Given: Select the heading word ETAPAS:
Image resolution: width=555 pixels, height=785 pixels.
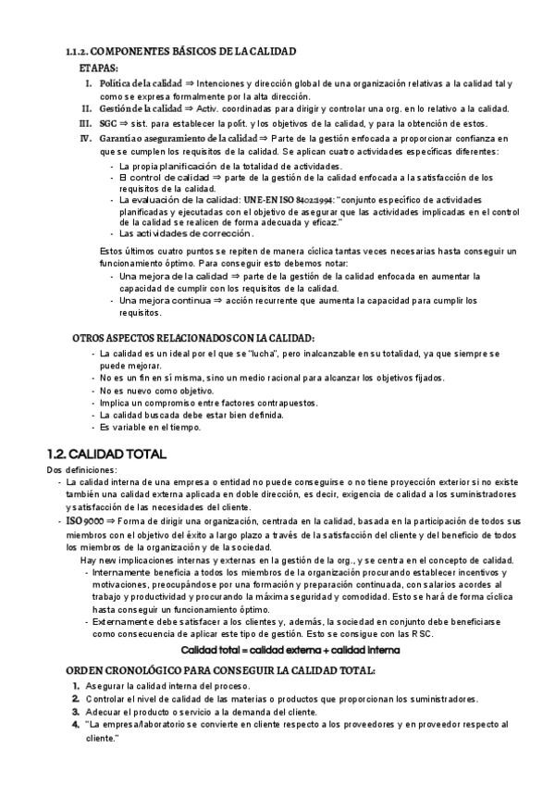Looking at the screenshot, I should tap(98, 68).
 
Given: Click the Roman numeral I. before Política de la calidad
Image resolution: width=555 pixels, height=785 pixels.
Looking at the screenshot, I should tap(89, 83).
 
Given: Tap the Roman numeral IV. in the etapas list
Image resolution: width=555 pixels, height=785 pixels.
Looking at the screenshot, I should tap(86, 139).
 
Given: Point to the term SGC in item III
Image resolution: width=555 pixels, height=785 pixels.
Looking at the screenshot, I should tap(108, 123).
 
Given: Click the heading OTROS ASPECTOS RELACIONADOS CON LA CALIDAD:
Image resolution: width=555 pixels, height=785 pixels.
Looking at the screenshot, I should tap(193, 339).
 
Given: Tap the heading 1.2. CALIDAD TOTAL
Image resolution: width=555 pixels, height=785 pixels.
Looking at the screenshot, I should tap(106, 455).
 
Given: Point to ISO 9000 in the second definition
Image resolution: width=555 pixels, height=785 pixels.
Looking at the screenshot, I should tap(84, 521).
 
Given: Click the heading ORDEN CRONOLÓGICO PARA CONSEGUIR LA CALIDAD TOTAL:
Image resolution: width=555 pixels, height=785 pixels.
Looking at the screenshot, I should tap(217, 669).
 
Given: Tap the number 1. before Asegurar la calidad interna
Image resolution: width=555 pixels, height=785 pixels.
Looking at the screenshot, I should tap(76, 685).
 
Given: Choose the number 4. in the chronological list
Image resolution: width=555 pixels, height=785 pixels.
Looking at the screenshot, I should tap(76, 725).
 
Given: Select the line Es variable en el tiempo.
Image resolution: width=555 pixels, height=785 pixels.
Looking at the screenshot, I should tap(150, 428).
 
